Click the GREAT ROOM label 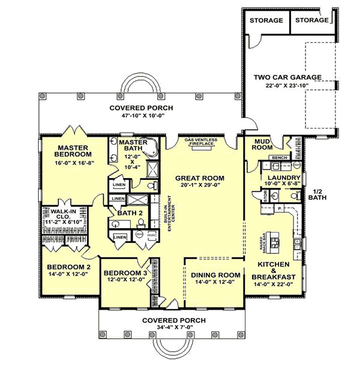(199, 178)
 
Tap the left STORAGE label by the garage (266, 20)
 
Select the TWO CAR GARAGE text (287, 77)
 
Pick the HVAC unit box (149, 235)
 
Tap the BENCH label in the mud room (279, 157)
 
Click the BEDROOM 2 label (68, 267)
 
